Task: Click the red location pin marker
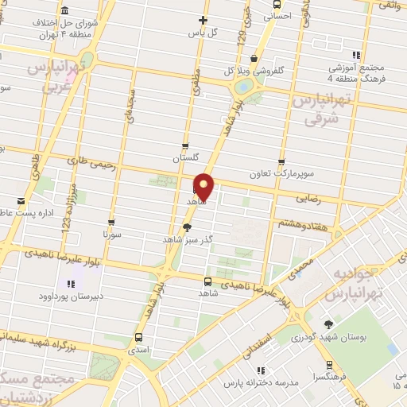coord(204,186)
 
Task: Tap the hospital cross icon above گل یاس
coord(203,20)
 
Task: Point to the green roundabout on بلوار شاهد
coord(246,86)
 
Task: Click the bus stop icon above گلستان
coord(185,145)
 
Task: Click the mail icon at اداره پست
coord(21,200)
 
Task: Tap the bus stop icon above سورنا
coord(111,223)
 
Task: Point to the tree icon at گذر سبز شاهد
coord(186,227)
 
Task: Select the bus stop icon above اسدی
coord(139,336)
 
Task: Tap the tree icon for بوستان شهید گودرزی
coord(329,324)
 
